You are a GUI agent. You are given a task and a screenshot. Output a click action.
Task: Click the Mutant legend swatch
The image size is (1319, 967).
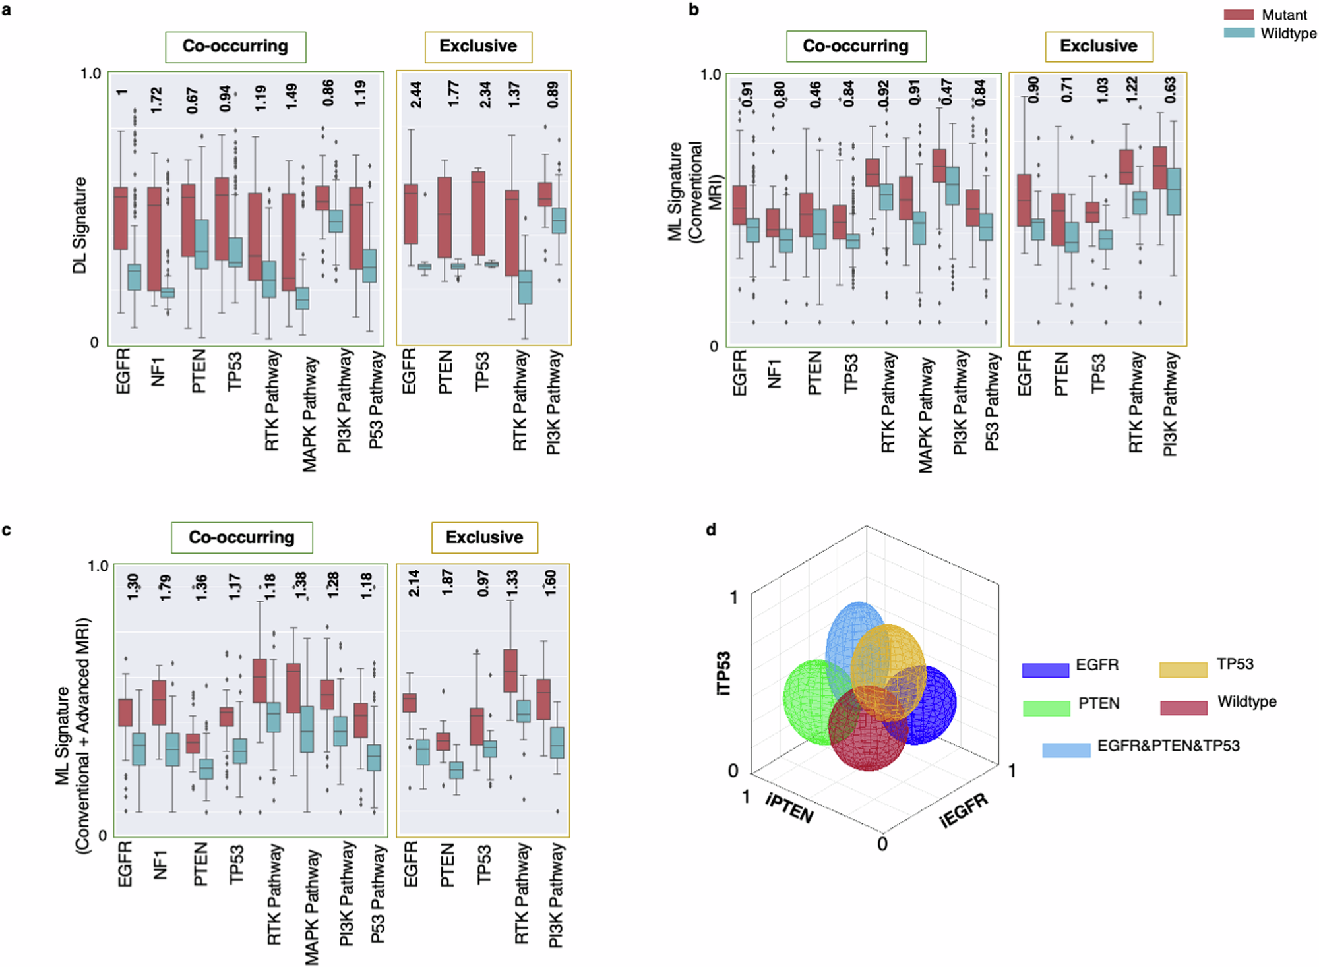click(1239, 15)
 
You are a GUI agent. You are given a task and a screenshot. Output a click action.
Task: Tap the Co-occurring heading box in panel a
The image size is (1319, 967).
click(235, 47)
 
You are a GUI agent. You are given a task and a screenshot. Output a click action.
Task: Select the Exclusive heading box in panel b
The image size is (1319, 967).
click(1099, 46)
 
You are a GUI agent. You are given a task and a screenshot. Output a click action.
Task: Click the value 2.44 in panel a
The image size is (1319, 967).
click(416, 95)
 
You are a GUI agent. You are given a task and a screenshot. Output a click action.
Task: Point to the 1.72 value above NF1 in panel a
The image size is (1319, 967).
click(156, 100)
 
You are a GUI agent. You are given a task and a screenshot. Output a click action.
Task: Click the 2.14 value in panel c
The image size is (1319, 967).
click(414, 583)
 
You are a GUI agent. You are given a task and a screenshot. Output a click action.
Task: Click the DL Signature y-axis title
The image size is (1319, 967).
click(80, 225)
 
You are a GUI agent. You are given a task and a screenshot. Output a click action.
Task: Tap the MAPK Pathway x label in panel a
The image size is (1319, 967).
click(310, 414)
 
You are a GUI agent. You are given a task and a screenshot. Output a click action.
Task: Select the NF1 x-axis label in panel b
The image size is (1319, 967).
click(775, 374)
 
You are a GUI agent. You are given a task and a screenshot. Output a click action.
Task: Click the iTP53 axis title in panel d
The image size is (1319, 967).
click(723, 672)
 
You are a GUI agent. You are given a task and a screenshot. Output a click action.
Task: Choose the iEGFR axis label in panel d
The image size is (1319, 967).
click(964, 809)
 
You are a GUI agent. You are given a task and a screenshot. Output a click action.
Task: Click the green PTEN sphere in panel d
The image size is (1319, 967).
click(808, 702)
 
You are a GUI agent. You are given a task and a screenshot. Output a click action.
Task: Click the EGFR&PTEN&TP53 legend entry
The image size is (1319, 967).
click(1168, 746)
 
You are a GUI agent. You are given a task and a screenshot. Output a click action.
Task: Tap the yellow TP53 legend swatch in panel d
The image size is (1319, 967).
click(1183, 670)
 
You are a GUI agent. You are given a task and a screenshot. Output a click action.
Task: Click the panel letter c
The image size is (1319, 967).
click(7, 530)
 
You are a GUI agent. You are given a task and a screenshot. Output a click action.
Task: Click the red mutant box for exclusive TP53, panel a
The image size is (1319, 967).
click(478, 213)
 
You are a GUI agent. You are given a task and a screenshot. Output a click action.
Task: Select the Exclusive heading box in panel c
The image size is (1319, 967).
click(485, 538)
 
